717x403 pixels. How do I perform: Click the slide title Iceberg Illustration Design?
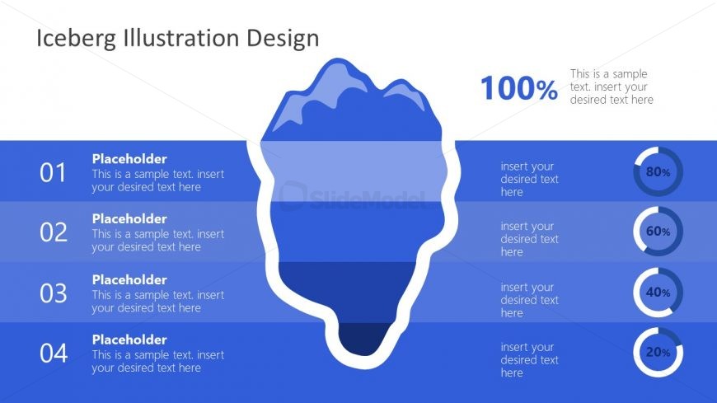178,38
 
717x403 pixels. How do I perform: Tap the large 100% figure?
518,88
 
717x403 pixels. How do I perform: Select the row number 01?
53,172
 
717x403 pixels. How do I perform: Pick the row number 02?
53,232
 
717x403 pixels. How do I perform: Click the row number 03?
53,293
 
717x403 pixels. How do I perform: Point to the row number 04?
53,354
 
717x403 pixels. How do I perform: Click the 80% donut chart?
658,172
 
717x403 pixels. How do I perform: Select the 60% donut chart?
658,232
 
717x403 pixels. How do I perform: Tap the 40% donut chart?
658,293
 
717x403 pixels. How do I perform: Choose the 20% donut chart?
658,353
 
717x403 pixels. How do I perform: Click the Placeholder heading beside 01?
129,159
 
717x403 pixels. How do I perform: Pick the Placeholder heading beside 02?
129,219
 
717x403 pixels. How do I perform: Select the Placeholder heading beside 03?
129,280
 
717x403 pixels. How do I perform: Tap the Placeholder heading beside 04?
129,340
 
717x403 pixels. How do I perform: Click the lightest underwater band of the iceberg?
358,171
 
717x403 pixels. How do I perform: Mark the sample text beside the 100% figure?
612,87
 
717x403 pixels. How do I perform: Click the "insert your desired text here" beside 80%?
529,179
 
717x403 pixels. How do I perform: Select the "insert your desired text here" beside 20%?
529,360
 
